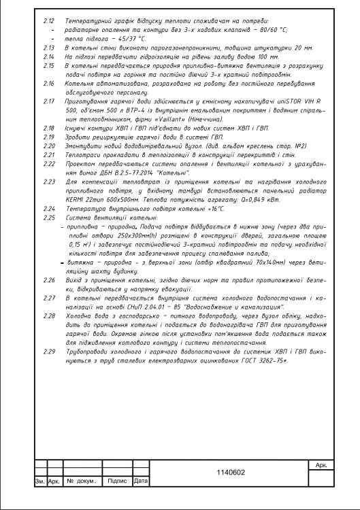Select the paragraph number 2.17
click(x=48, y=101)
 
